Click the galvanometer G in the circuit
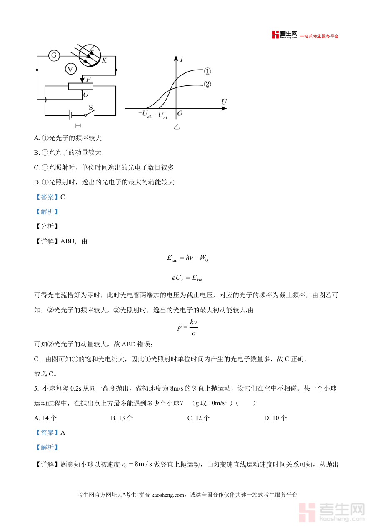54,55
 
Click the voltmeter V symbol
70,70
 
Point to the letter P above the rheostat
88,78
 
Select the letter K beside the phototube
104,61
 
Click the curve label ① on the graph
207,71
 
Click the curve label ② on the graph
207,85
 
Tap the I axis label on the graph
182,59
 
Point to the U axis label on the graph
224,102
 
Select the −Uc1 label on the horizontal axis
161,114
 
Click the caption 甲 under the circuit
78,126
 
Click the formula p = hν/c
187,327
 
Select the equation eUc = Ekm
187,277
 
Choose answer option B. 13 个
122,418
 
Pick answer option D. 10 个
275,418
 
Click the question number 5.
36,388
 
